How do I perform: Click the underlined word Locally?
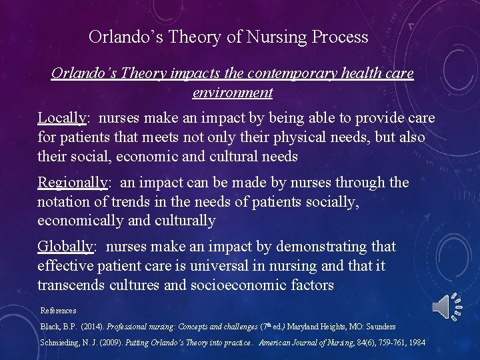[61, 118]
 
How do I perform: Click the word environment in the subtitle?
[232, 92]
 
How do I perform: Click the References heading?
[58, 311]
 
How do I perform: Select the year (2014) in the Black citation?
[92, 327]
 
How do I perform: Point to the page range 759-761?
[381, 343]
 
